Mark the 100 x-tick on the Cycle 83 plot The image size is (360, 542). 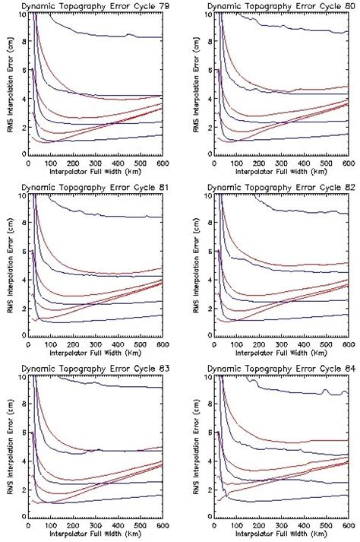[x=50, y=525]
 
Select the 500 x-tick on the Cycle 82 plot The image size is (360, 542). [x=325, y=344]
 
